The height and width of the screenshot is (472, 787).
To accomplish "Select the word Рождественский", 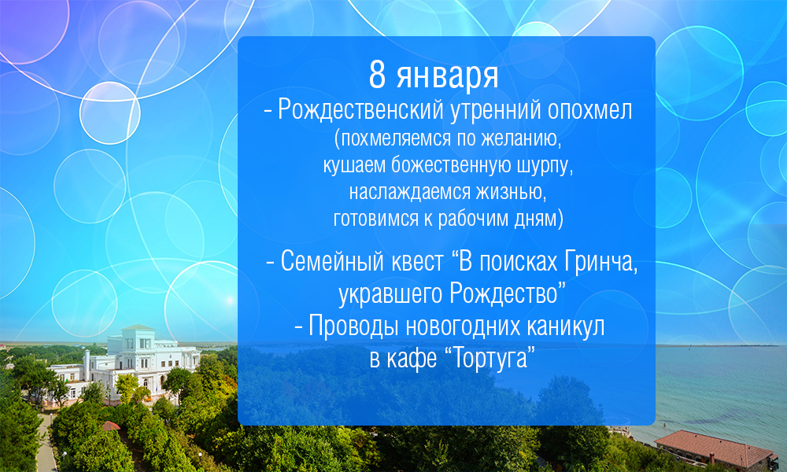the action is tap(361, 110).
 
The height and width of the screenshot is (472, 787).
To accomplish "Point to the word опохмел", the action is tap(589, 111).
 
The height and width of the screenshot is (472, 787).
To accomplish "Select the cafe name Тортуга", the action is tap(491, 358).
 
